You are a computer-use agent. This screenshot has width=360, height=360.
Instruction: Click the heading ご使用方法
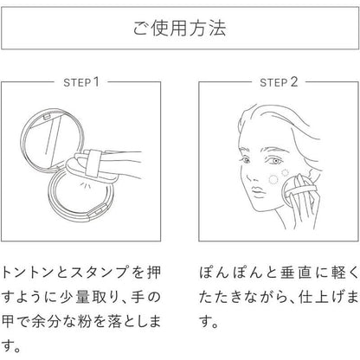(x=179, y=28)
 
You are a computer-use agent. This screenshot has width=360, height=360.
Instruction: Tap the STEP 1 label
(x=81, y=82)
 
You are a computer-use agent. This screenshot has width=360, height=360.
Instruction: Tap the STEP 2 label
(x=279, y=82)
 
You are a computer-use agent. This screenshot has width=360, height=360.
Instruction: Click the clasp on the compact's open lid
(x=46, y=116)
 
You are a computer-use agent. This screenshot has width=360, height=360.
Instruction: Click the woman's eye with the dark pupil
(x=273, y=160)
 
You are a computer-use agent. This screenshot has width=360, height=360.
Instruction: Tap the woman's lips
(x=258, y=193)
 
